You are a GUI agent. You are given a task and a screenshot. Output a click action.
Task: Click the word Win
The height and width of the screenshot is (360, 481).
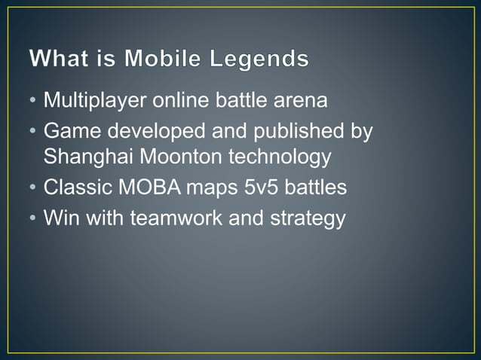pyautogui.click(x=60, y=218)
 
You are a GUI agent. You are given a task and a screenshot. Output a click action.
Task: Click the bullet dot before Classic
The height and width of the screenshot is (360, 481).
pyautogui.click(x=33, y=187)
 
